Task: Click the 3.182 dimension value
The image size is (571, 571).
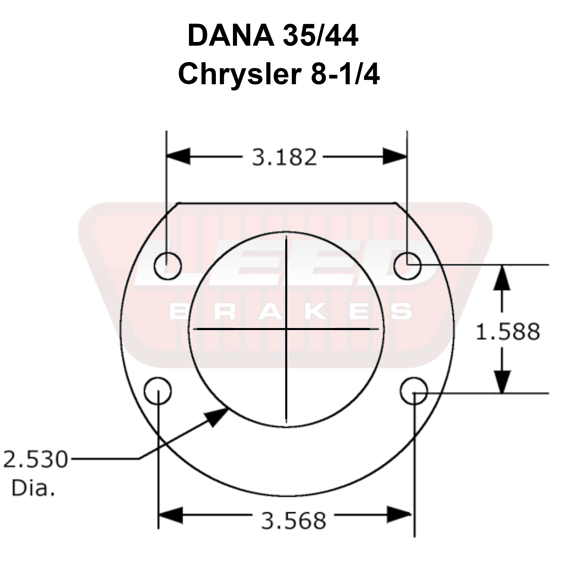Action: [284, 157]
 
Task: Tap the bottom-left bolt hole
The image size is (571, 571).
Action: [158, 391]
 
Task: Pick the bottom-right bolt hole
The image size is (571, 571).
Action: [414, 391]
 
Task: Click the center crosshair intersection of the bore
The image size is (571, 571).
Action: [286, 329]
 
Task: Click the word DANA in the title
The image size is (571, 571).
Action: [231, 37]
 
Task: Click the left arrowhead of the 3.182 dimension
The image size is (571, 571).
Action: [178, 156]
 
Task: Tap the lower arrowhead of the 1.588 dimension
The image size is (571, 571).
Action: [502, 381]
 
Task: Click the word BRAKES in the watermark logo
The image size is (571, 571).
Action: [291, 312]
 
